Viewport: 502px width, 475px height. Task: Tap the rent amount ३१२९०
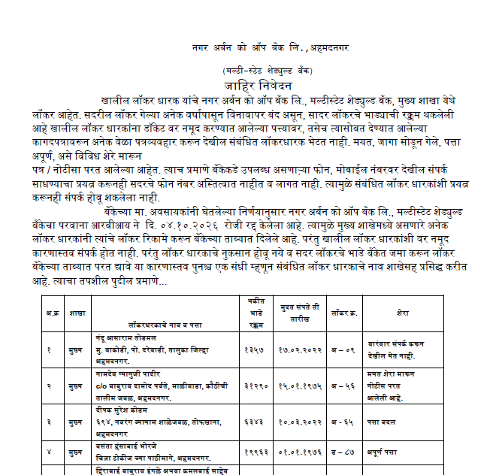coord(255,385)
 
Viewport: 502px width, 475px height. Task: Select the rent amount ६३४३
coord(255,422)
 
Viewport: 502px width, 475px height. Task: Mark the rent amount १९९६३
coord(255,453)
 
